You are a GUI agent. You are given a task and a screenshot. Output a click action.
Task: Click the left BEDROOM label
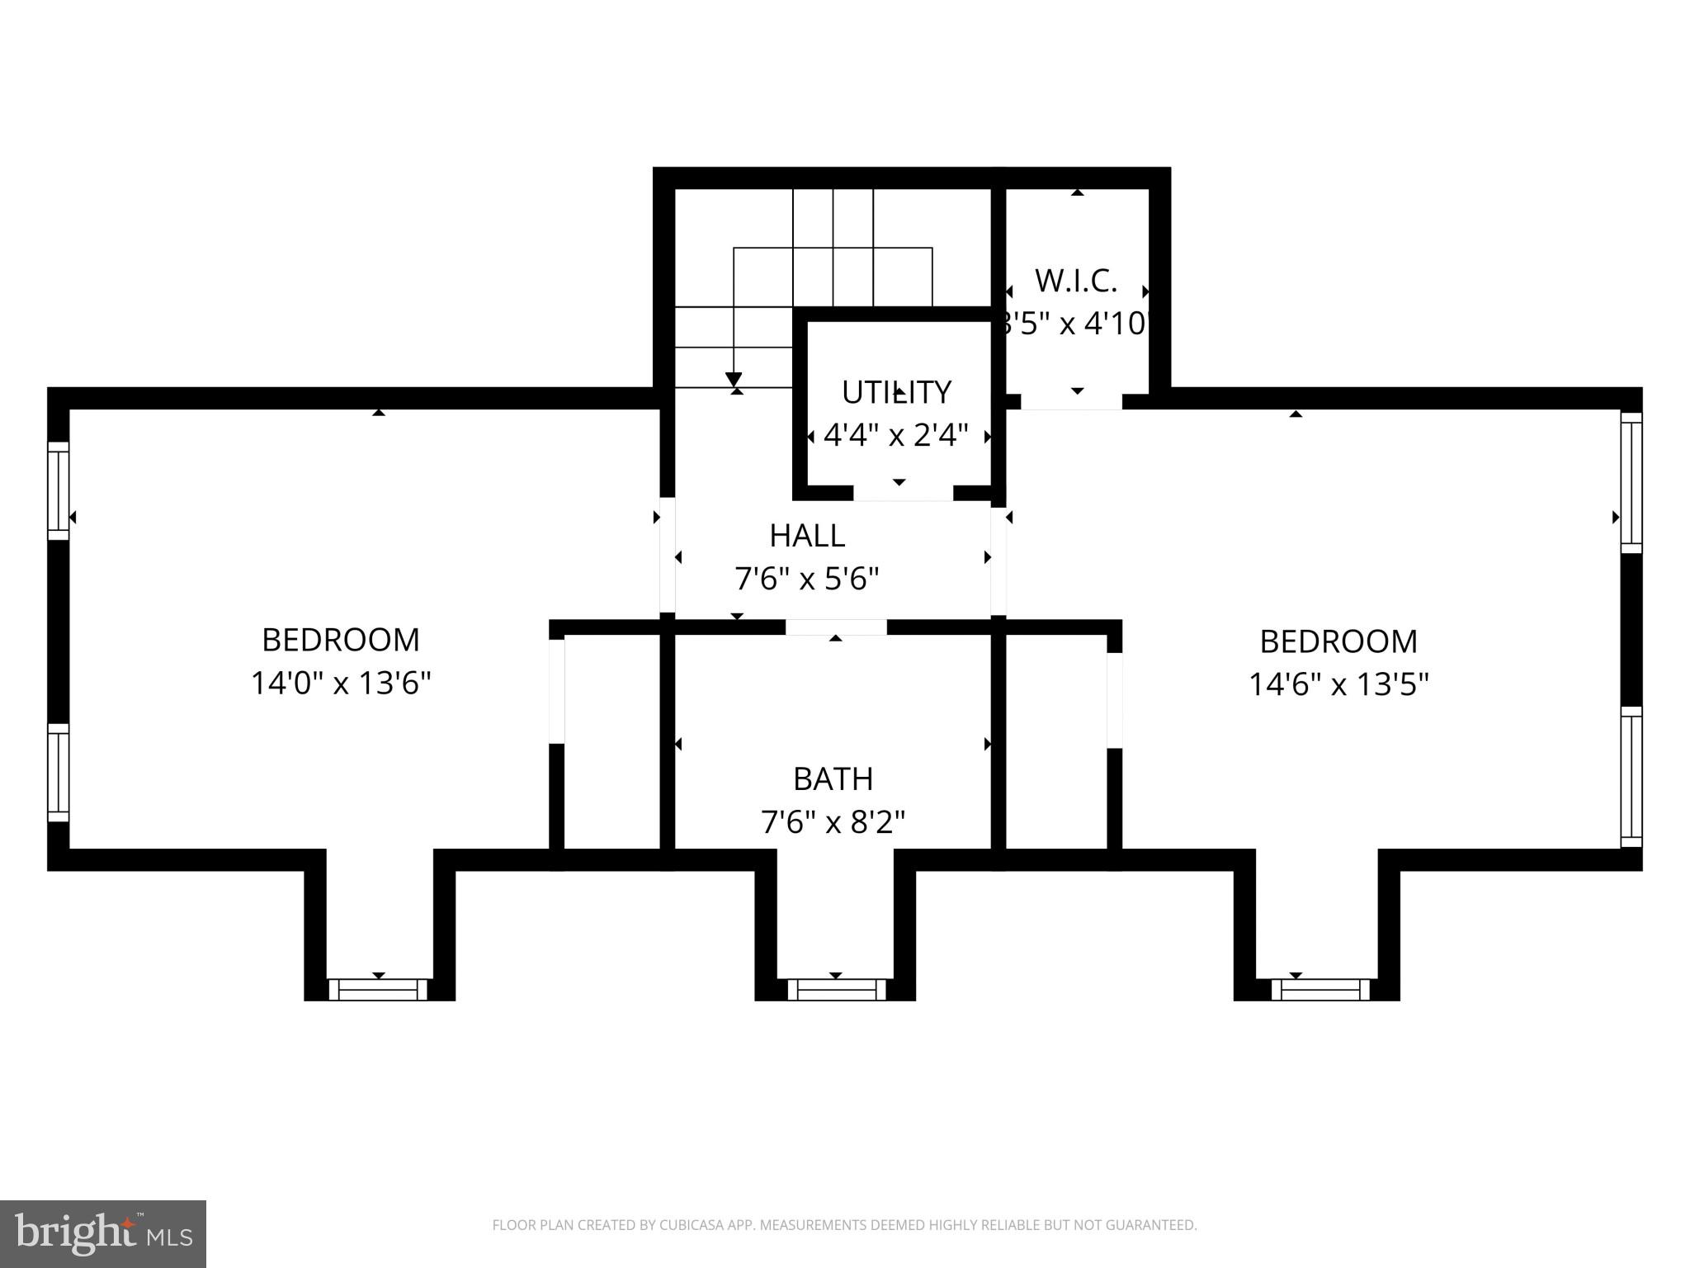tap(341, 640)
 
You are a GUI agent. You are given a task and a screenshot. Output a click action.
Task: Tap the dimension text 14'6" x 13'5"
tap(1338, 684)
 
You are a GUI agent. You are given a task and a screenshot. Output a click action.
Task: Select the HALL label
tap(807, 536)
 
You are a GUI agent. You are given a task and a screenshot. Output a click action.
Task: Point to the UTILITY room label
tap(896, 392)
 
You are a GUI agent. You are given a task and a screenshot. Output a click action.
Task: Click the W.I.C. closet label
tap(1076, 282)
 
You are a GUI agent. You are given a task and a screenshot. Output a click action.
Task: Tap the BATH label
tap(833, 778)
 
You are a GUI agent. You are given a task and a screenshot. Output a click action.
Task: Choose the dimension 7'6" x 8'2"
tap(833, 822)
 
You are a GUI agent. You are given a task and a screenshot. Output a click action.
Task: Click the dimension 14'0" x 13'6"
tap(341, 684)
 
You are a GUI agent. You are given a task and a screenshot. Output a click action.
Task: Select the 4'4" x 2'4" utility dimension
tap(896, 435)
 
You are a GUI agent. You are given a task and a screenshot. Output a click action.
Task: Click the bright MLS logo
tap(103, 1233)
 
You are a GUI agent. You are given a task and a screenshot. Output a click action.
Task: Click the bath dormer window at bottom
tap(836, 989)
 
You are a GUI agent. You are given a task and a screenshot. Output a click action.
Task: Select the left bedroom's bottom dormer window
tap(378, 989)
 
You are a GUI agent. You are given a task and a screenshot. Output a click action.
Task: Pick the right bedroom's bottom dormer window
tap(1319, 989)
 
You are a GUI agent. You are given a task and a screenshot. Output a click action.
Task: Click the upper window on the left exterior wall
tap(58, 490)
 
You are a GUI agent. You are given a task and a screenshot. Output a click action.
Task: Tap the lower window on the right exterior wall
tap(1631, 777)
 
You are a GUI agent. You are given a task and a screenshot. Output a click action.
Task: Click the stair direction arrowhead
tap(734, 379)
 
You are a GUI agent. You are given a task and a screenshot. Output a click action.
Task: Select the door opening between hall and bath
tap(836, 627)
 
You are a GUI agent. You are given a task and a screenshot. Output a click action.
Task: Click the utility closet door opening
tap(903, 494)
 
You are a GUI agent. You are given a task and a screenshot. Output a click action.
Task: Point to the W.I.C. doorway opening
tap(1072, 401)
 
